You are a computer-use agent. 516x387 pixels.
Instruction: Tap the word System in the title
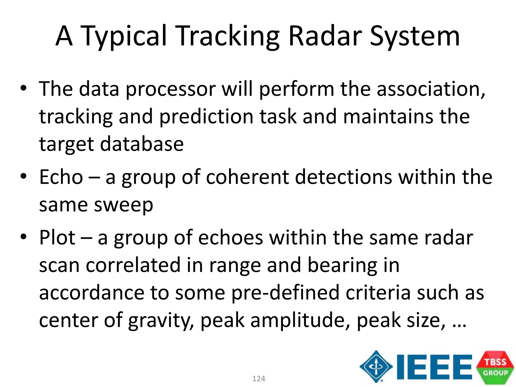point(415,37)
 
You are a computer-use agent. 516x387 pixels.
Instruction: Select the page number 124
point(259,379)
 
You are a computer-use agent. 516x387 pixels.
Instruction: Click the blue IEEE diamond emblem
point(376,366)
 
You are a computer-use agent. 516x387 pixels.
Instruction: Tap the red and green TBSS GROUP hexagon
point(495,367)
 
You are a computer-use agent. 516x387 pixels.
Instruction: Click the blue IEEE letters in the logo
point(434,367)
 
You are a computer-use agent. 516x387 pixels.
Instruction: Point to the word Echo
point(61,177)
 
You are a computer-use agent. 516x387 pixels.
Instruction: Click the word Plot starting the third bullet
point(57,238)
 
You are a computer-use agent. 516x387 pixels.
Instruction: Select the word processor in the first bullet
point(170,89)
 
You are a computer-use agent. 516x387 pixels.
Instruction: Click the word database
point(142,144)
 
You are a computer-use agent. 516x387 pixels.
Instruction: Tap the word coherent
point(247,177)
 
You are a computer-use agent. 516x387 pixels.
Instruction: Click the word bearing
point(342,266)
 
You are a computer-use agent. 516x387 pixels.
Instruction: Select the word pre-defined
point(285,293)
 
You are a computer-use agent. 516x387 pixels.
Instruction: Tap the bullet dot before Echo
point(23,176)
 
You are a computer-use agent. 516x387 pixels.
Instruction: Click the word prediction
point(206,117)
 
